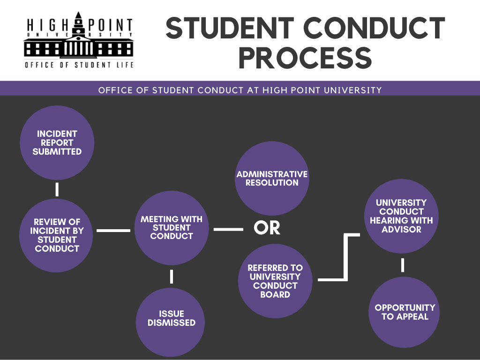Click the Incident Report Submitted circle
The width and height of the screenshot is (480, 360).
coord(57,142)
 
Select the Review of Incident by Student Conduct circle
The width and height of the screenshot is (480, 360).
coord(57,235)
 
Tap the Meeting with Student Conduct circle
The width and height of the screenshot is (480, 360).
coord(172,228)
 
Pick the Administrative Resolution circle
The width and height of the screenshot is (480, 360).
coord(272,179)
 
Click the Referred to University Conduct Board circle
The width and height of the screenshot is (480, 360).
coord(275,281)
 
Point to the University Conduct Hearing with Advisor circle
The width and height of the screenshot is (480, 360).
coord(401,216)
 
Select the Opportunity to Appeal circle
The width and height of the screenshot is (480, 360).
coord(405,312)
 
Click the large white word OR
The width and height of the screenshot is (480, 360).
coord(267,228)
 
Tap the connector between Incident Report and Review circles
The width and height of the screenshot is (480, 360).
coord(57,189)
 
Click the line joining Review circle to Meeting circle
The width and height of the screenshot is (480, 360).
coord(113,230)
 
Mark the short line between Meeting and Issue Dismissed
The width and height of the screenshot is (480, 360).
coord(172,277)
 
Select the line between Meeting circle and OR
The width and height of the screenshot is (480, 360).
coord(228,229)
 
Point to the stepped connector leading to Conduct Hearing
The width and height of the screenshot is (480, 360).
coord(346,257)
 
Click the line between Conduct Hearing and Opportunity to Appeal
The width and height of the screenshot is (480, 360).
coord(403,265)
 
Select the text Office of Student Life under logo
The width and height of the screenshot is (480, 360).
coord(79,65)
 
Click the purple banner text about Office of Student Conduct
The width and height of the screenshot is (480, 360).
coord(240,90)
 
